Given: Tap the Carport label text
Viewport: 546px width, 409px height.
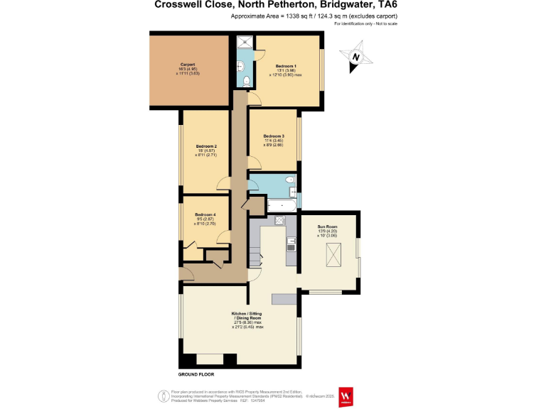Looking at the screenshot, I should pos(188,64).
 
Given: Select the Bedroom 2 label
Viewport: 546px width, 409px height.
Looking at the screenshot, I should pos(206,146).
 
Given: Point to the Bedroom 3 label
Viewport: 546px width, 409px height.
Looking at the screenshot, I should pos(274,136).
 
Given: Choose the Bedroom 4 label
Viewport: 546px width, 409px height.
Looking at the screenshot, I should pos(205,214).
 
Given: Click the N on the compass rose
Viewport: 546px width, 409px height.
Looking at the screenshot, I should pos(358,57).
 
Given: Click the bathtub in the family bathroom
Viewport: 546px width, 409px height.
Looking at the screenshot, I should pos(282,205).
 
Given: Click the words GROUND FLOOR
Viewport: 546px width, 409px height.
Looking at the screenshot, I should pos(196,374).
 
